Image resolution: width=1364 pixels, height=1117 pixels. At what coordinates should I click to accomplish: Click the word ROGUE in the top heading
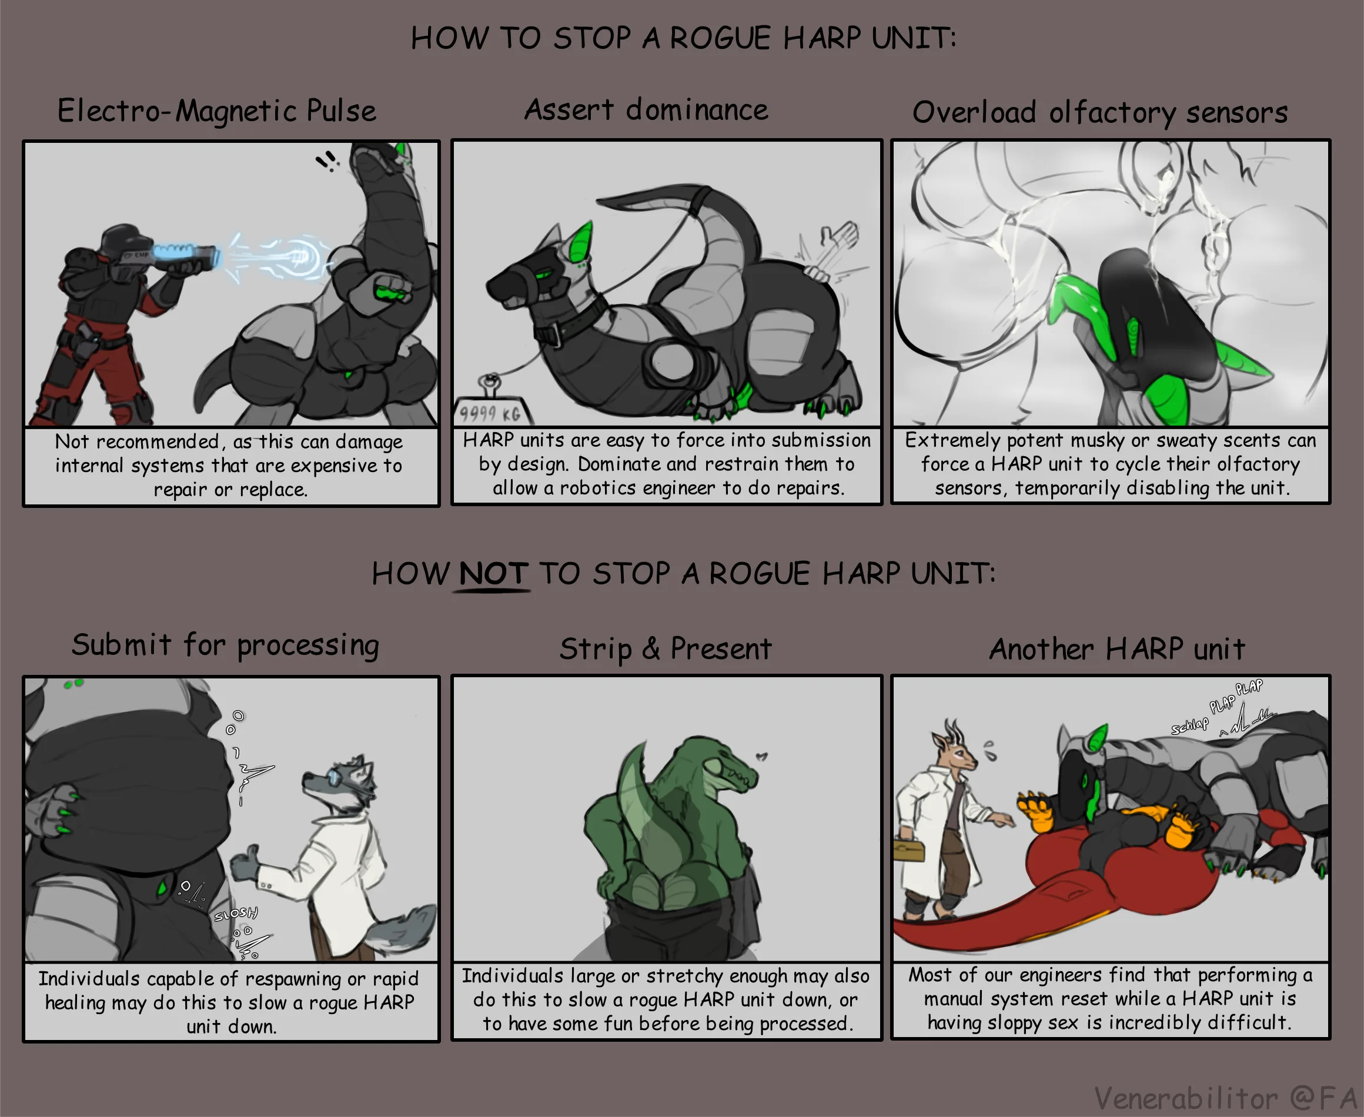(720, 38)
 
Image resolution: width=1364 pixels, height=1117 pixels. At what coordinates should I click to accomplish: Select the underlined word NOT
(493, 573)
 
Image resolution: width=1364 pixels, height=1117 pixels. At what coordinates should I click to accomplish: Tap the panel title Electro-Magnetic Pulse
(217, 111)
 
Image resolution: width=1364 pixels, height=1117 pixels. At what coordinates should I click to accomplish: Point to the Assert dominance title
(646, 109)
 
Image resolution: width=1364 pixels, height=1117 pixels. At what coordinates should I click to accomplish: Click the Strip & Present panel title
(666, 648)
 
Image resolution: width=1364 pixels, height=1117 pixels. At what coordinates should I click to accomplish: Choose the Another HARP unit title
(1117, 648)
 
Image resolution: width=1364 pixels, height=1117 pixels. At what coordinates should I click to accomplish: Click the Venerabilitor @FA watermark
(1225, 1098)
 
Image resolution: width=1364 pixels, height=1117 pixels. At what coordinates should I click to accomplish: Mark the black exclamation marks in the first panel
(327, 160)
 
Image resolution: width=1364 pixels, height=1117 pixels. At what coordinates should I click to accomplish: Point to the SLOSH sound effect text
(236, 914)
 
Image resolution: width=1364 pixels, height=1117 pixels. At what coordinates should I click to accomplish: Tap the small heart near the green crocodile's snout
(762, 756)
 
